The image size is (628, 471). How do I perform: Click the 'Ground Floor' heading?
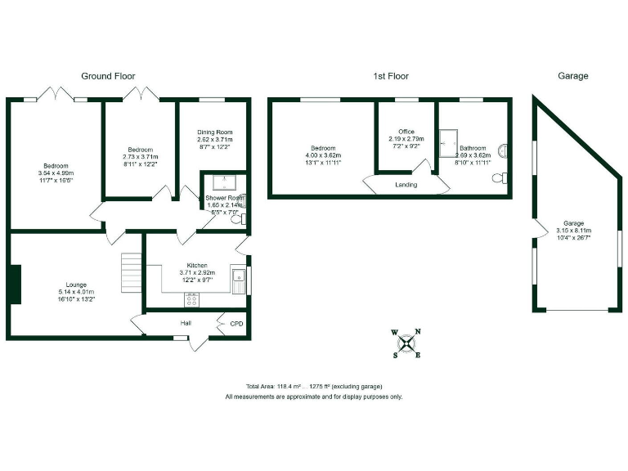(107, 76)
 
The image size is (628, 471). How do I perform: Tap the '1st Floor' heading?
(390, 76)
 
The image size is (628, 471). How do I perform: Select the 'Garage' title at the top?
(572, 76)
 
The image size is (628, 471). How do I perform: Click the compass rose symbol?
(406, 343)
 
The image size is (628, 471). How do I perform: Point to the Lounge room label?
(76, 285)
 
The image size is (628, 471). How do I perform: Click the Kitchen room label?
(196, 266)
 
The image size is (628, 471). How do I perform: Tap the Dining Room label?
(215, 132)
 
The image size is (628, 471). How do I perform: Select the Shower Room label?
(222, 198)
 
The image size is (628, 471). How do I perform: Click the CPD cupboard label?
(236, 323)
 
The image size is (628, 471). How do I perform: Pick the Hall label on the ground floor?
(186, 323)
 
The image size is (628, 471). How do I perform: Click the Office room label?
(406, 132)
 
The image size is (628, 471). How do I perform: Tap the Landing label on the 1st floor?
(406, 185)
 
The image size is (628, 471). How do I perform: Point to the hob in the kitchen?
(193, 300)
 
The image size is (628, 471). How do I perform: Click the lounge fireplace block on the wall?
(13, 285)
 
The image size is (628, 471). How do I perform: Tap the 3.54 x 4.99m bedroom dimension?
(56, 173)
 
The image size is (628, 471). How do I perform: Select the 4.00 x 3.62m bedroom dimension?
(321, 155)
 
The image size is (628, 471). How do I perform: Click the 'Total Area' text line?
(314, 386)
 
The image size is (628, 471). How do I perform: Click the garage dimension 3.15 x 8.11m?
(572, 230)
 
